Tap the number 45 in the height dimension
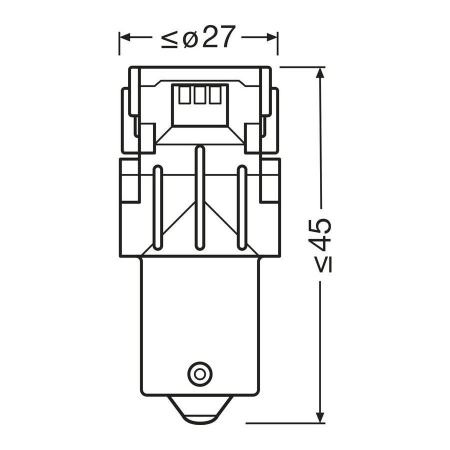point(321,233)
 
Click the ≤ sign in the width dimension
point(169,39)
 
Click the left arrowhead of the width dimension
point(125,37)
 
